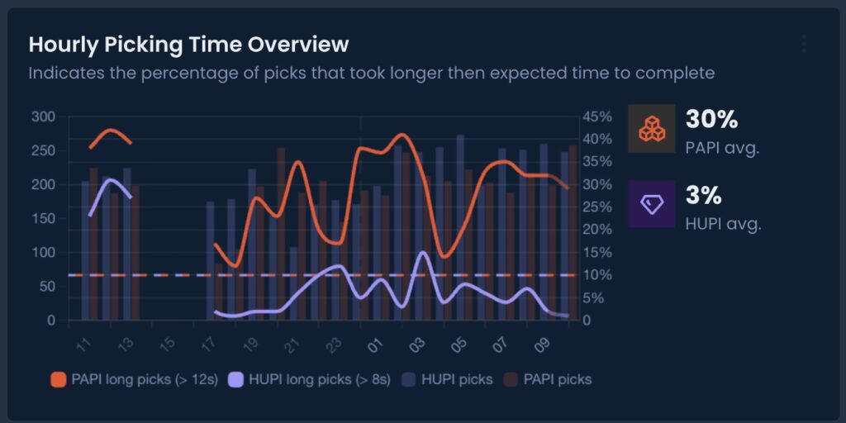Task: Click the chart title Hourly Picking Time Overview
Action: [x=188, y=44]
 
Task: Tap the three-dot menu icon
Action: [x=803, y=44]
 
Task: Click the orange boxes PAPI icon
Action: [x=652, y=129]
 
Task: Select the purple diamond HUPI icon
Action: [x=652, y=204]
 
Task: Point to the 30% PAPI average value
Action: [x=711, y=120]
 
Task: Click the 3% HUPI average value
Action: [x=704, y=196]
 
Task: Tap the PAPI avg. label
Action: [x=722, y=149]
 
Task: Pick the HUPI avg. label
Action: [x=723, y=224]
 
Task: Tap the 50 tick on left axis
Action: [x=47, y=286]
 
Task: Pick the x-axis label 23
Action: [x=335, y=342]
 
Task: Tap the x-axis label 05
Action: [x=459, y=342]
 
